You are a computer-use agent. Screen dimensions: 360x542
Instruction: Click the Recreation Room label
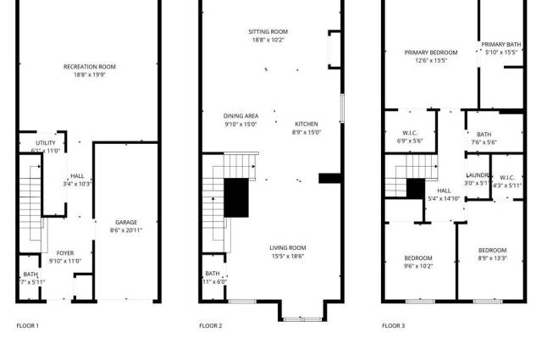tap(90, 67)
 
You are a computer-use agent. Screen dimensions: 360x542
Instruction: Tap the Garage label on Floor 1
tap(126, 222)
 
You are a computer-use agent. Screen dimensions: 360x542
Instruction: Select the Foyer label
tap(65, 253)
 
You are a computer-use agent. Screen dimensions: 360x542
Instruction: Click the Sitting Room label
tap(268, 32)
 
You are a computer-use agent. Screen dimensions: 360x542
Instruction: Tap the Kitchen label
tap(307, 125)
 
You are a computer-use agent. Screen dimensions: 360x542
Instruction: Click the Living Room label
tap(288, 247)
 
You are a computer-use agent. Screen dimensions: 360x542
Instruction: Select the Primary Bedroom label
tap(437, 53)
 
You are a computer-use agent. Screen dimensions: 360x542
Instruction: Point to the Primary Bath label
tap(501, 45)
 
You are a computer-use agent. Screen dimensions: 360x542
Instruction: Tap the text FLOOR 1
tap(28, 326)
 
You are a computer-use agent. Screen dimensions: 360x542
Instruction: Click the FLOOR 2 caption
tap(211, 326)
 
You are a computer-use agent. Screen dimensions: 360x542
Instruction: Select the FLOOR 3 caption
tap(393, 326)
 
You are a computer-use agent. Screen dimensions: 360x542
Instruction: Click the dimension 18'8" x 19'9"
tap(90, 75)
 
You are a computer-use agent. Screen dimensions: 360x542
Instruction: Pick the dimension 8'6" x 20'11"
tap(126, 230)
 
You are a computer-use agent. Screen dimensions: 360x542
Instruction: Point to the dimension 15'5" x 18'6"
tap(288, 256)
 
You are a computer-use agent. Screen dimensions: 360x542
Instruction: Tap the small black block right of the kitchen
tap(329, 178)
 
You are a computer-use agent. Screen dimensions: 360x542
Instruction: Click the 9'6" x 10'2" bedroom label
tap(418, 266)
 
